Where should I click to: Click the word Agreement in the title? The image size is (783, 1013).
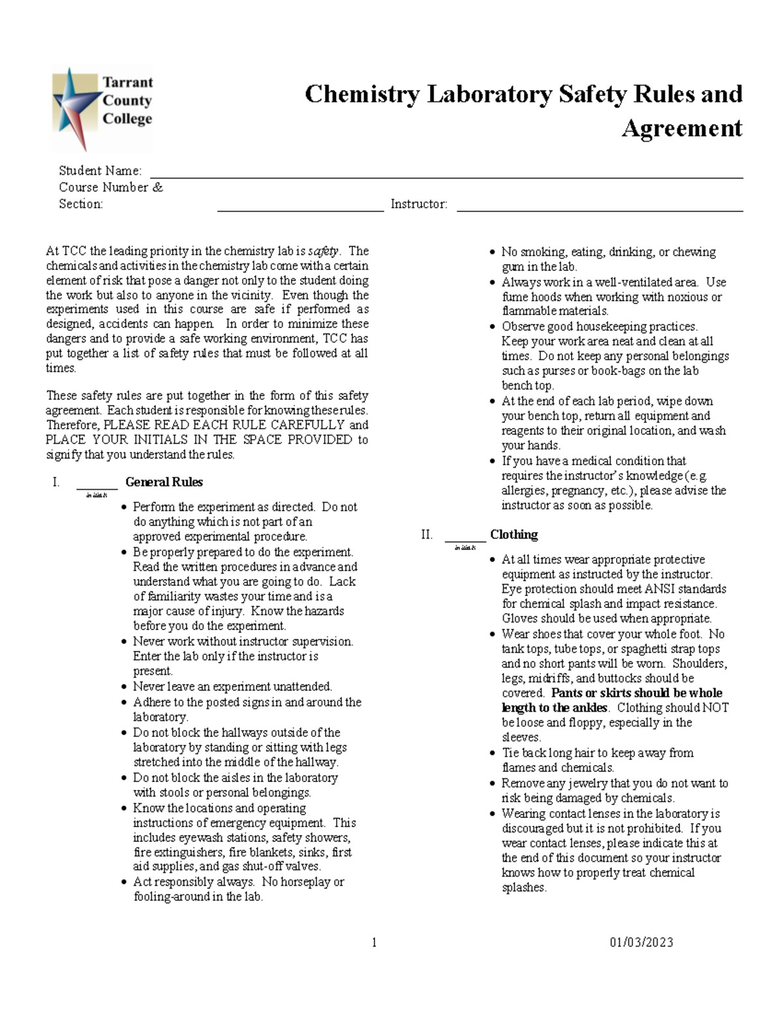[x=681, y=129]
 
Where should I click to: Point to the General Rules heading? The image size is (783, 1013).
[x=164, y=482]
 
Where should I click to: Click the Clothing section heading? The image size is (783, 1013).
[x=514, y=535]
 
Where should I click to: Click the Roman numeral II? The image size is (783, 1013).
[x=427, y=535]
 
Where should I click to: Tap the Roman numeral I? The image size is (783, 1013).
[x=56, y=482]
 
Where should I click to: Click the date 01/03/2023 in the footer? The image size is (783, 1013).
[x=641, y=942]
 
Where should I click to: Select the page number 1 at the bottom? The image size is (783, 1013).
[x=374, y=942]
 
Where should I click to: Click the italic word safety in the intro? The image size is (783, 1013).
[x=324, y=251]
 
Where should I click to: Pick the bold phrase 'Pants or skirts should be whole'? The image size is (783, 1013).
[x=636, y=693]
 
